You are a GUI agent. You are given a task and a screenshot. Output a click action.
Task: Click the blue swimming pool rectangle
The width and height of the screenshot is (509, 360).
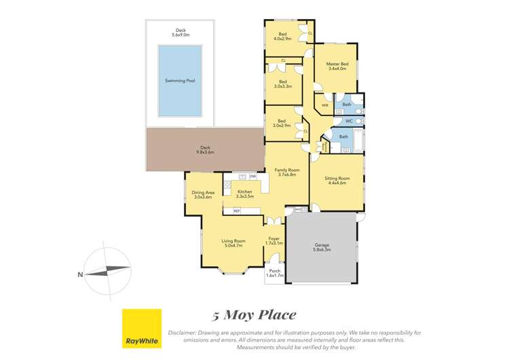point(180,80)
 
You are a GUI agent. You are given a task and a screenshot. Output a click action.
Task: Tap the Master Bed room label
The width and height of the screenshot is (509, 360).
point(337,64)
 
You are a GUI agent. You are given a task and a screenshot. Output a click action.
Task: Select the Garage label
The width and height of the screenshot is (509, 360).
point(321,247)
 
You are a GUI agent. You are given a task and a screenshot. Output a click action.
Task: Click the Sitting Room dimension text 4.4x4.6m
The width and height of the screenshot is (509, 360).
point(337,183)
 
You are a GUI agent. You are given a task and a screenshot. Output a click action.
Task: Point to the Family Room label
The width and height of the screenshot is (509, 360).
point(286,170)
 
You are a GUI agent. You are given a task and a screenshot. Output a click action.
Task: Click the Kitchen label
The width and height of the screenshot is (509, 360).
point(244,192)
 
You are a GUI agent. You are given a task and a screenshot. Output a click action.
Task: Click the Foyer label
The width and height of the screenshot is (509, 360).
point(274,238)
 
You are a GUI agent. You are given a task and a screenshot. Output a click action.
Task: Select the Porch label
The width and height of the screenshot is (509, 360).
point(274,271)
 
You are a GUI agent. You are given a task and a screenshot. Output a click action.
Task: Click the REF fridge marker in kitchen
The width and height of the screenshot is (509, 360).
point(237,211)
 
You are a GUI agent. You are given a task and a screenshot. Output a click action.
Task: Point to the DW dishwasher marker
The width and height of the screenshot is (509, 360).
point(252,177)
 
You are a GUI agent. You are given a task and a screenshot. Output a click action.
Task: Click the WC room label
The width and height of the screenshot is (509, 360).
point(349,121)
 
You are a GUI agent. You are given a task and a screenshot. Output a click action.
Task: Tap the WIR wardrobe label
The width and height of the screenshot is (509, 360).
point(324,105)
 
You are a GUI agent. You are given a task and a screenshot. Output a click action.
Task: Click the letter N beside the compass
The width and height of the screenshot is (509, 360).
point(80,274)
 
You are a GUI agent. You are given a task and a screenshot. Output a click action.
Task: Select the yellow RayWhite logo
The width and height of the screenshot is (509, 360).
point(141,329)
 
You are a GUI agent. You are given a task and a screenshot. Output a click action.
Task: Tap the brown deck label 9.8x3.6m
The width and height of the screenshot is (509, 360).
point(204,152)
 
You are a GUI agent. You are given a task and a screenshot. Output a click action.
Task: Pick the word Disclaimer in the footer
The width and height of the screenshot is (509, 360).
point(185,333)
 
